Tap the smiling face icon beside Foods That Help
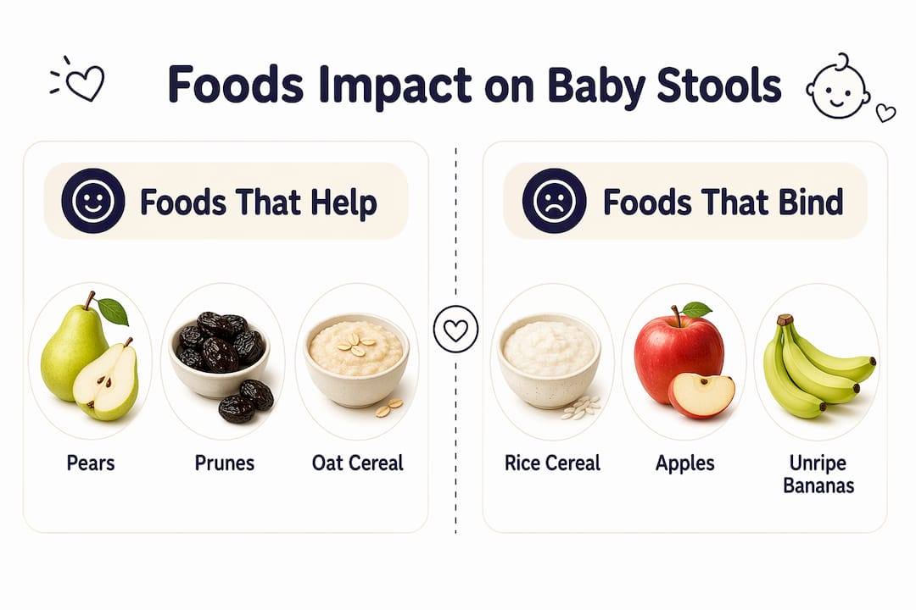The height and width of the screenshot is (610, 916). coord(93,201)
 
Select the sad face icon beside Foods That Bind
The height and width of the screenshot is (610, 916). coord(554,201)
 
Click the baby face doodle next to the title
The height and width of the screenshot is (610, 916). coord(839,86)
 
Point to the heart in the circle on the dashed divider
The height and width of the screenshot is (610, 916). coord(455,330)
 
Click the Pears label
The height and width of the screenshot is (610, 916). coord(91,463)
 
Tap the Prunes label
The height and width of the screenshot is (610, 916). coord(224,463)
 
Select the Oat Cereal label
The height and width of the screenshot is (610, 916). coord(358,463)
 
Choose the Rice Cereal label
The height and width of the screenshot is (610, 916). coord(552,463)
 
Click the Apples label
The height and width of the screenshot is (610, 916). coord(684,463)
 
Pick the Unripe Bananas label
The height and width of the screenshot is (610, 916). coord(818,474)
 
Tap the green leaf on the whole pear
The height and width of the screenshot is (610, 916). coord(113,311)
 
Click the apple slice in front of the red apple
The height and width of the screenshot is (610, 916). coord(701,395)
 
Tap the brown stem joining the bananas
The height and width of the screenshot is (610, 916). coord(785,320)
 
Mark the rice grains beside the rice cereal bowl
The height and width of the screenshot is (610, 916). coord(581,408)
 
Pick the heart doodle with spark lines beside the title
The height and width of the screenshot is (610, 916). coord(78,80)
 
